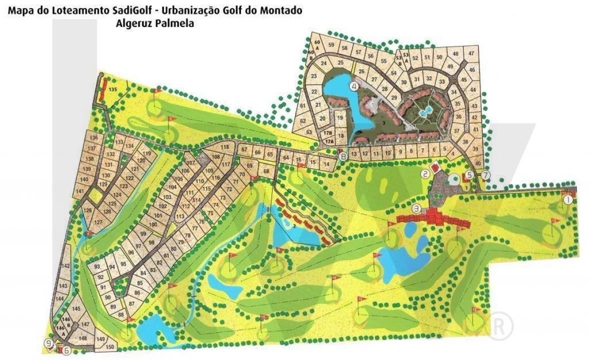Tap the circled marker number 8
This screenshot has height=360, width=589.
click(342, 156)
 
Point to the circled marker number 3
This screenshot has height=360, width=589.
click(416, 208)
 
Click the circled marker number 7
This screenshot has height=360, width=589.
click(486, 174)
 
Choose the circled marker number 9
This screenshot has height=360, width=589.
click(48, 343)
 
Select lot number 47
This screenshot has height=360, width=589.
click(471, 53)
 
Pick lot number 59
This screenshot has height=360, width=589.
click(330, 45)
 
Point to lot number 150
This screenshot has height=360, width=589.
click(110, 346)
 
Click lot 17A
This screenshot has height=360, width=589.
click(329, 142)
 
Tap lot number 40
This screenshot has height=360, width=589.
click(478, 163)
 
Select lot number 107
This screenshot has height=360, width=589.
click(189, 162)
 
